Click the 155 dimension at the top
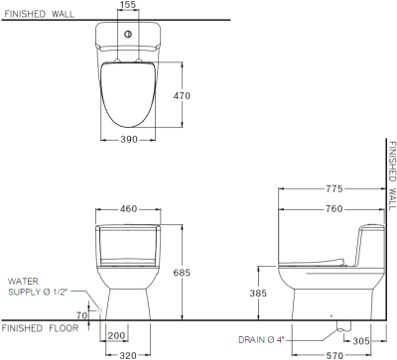click(x=127, y=6)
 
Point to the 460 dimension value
click(x=127, y=209)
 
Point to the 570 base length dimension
click(x=333, y=353)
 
